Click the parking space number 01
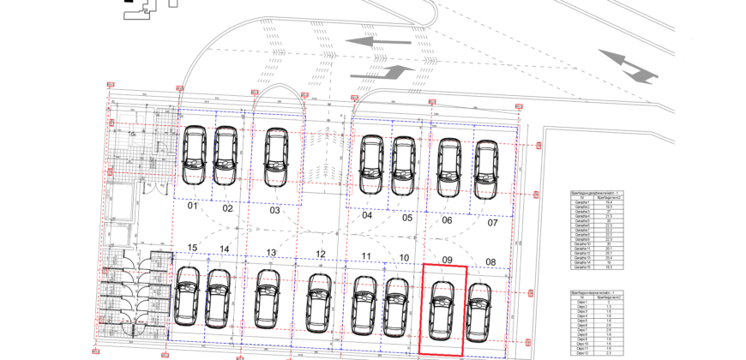(193, 207)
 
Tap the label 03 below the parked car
(274, 210)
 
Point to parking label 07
(492, 223)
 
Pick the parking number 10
(404, 258)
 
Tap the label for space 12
(320, 254)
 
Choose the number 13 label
(271, 253)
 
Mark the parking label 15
(192, 249)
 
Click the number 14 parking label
(224, 249)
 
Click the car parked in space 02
(226, 156)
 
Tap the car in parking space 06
(448, 168)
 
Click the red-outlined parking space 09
(442, 310)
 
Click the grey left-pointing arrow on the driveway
(380, 40)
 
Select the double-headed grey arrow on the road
(629, 66)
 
